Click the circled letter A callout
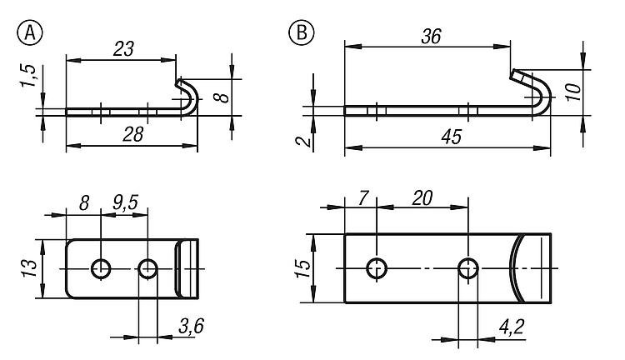point(30,33)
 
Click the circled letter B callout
point(301,32)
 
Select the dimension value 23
point(123,49)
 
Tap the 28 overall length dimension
point(132,135)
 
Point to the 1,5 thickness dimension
point(28,75)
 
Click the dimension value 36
point(432,37)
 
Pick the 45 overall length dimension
point(452,137)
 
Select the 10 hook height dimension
point(573,92)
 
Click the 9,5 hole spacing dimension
point(125,202)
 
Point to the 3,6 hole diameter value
point(192,326)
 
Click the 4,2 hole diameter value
point(512,327)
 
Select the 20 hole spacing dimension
point(422,198)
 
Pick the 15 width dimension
point(303,268)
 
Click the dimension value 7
point(362,198)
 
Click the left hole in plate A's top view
point(101,268)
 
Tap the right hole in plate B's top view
point(468,268)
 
